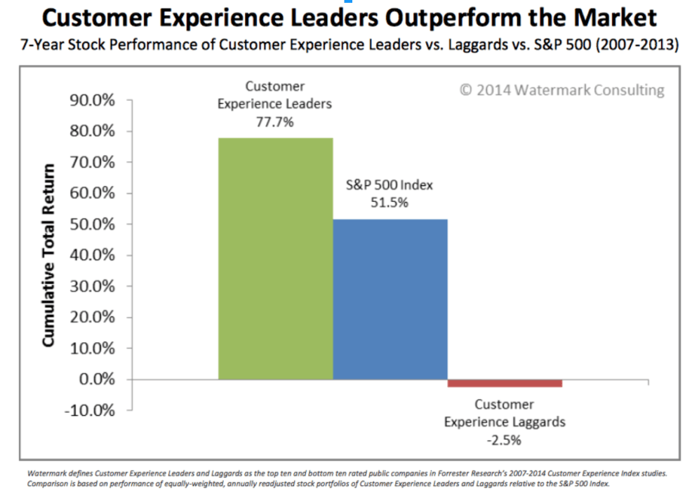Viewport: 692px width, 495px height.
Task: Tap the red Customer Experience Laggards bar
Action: (505, 383)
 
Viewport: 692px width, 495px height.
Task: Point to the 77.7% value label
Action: (274, 121)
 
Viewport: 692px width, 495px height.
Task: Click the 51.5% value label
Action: (390, 203)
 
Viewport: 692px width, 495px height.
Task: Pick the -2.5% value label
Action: (504, 440)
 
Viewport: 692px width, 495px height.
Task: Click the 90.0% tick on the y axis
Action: (93, 100)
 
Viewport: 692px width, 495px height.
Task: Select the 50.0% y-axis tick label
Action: (93, 224)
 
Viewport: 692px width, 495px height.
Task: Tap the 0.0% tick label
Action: (96, 379)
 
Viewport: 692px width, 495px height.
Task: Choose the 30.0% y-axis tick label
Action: (93, 286)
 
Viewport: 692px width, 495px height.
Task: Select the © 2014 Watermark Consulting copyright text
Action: (561, 90)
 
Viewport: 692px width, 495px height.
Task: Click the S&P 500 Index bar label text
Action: (390, 186)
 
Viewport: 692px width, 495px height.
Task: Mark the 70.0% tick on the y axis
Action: (93, 163)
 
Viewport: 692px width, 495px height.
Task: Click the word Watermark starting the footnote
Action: (41, 473)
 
